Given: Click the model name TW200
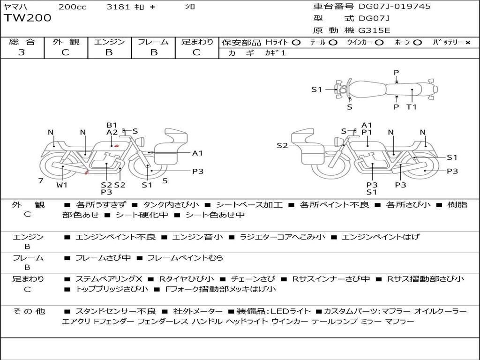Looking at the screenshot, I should tap(28, 18).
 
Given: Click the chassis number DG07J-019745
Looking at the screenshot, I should tap(394, 7).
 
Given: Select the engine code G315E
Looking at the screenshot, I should tap(374, 30).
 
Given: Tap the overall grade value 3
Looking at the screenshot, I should tap(22, 52).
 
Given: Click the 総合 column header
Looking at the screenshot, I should tap(22, 42).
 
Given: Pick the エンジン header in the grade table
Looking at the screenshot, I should tap(109, 42).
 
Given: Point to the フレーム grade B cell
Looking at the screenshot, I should tap(153, 52).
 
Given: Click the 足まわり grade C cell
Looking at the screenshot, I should tap(196, 52).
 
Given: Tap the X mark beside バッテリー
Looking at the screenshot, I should tap(467, 43).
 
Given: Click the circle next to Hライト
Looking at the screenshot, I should tap(296, 43).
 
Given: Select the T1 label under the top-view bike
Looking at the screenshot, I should tap(412, 107).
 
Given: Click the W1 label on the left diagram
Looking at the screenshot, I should tap(62, 185).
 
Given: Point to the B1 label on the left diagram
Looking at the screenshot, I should tap(112, 125).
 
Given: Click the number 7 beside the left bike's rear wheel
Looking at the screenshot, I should tap(41, 180).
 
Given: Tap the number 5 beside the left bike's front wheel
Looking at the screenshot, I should tap(165, 180).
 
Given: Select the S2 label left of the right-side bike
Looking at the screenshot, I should tap(282, 146).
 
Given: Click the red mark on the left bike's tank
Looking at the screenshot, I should tap(116, 146).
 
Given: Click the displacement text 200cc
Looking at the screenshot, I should tap(72, 7).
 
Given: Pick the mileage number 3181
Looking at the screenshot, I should tap(116, 7).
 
